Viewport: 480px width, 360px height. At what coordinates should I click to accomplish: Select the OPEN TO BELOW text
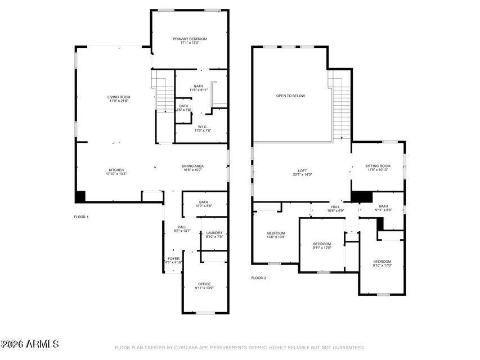tap(290, 96)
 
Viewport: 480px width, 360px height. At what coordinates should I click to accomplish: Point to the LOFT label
tap(302, 172)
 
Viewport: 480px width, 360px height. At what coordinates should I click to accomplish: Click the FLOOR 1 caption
tap(82, 217)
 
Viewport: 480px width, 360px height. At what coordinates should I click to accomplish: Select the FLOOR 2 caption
tap(259, 278)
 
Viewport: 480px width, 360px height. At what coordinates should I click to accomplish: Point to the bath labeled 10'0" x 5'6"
tap(204, 204)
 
